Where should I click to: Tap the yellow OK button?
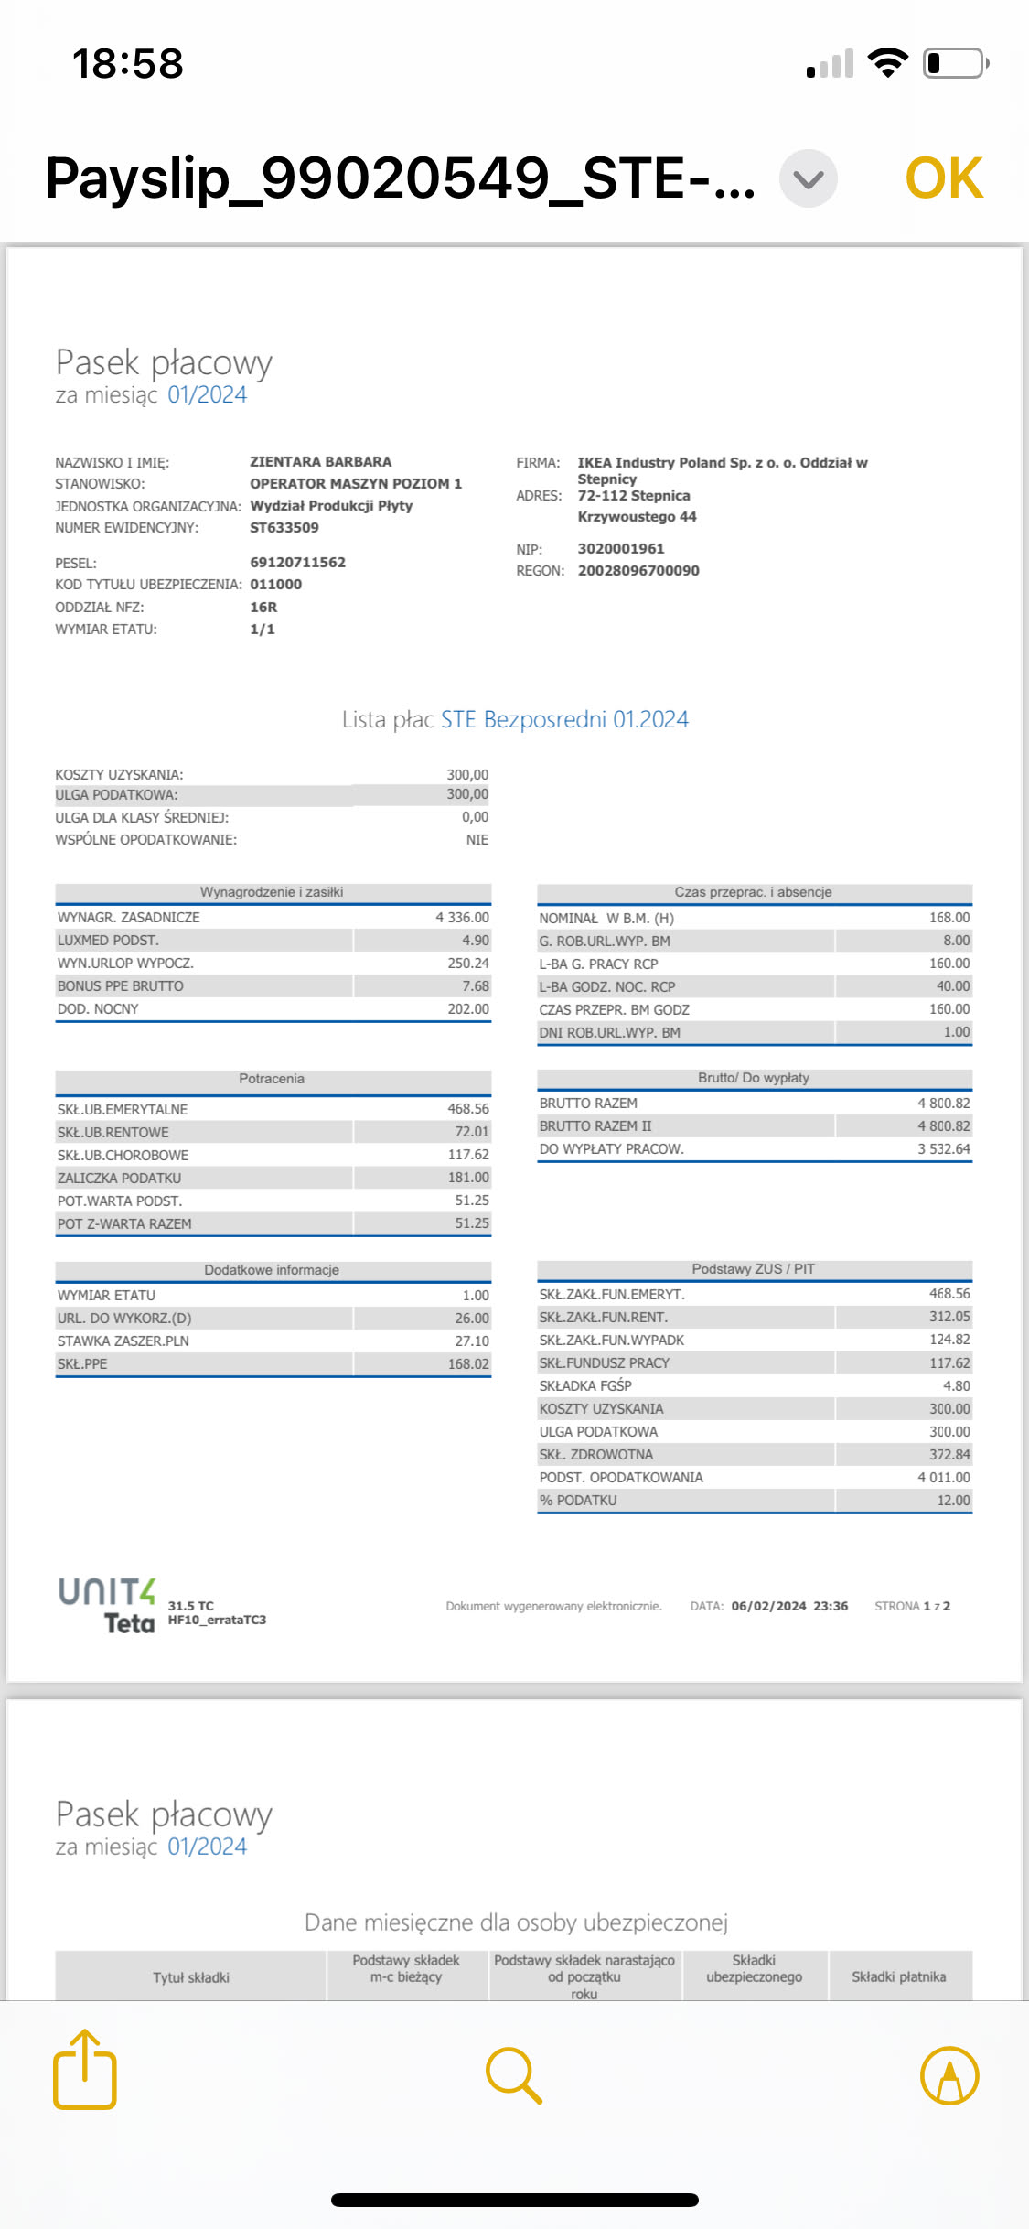(944, 178)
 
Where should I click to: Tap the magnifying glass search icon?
(514, 2074)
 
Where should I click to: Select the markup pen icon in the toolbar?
(949, 2074)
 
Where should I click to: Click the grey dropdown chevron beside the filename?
(809, 178)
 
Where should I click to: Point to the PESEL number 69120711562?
(297, 562)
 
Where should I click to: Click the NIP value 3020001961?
(621, 549)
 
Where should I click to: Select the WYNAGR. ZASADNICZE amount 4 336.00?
(462, 917)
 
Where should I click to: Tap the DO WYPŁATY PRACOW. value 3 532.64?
(944, 1148)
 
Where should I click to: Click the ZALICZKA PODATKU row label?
(120, 1178)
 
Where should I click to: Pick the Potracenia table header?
(272, 1079)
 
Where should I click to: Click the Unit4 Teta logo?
(108, 1605)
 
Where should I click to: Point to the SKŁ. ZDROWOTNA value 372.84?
(949, 1454)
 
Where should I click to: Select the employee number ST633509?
(284, 527)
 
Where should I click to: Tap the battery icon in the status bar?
(955, 63)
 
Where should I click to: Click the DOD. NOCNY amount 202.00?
(468, 1008)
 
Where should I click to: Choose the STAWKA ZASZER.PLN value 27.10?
(472, 1341)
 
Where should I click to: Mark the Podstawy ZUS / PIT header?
(753, 1269)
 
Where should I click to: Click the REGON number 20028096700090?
(638, 571)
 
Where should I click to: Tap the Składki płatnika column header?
(899, 1976)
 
